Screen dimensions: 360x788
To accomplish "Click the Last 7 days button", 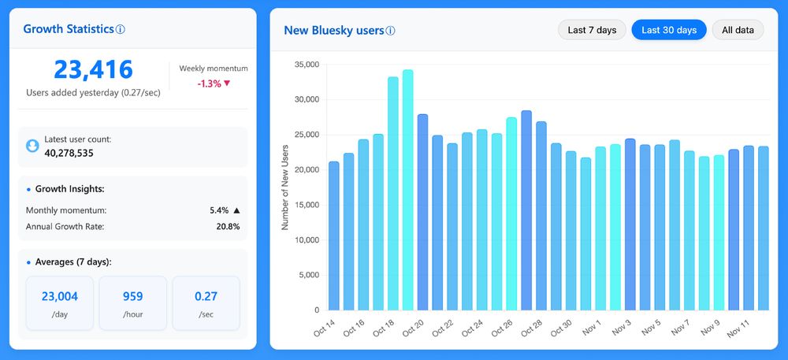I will point(592,30).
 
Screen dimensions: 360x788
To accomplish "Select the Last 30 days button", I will point(669,30).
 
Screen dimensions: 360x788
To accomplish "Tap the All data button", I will point(738,30).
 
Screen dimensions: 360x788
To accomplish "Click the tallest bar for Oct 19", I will point(407,189).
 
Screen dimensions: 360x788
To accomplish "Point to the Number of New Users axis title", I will point(285,187).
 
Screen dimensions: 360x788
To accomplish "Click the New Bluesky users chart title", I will point(333,31).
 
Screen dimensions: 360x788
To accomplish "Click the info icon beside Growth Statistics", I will point(121,29).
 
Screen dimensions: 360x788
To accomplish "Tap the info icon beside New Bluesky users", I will point(391,31).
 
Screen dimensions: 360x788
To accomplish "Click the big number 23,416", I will point(93,70).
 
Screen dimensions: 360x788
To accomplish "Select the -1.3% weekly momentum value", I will point(209,84).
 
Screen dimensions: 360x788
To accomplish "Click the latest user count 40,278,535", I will point(69,153).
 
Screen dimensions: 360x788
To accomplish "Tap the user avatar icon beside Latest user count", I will point(32,146).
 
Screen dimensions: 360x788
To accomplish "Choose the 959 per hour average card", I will point(132,302).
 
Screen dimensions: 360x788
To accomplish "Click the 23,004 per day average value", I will point(59,296).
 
